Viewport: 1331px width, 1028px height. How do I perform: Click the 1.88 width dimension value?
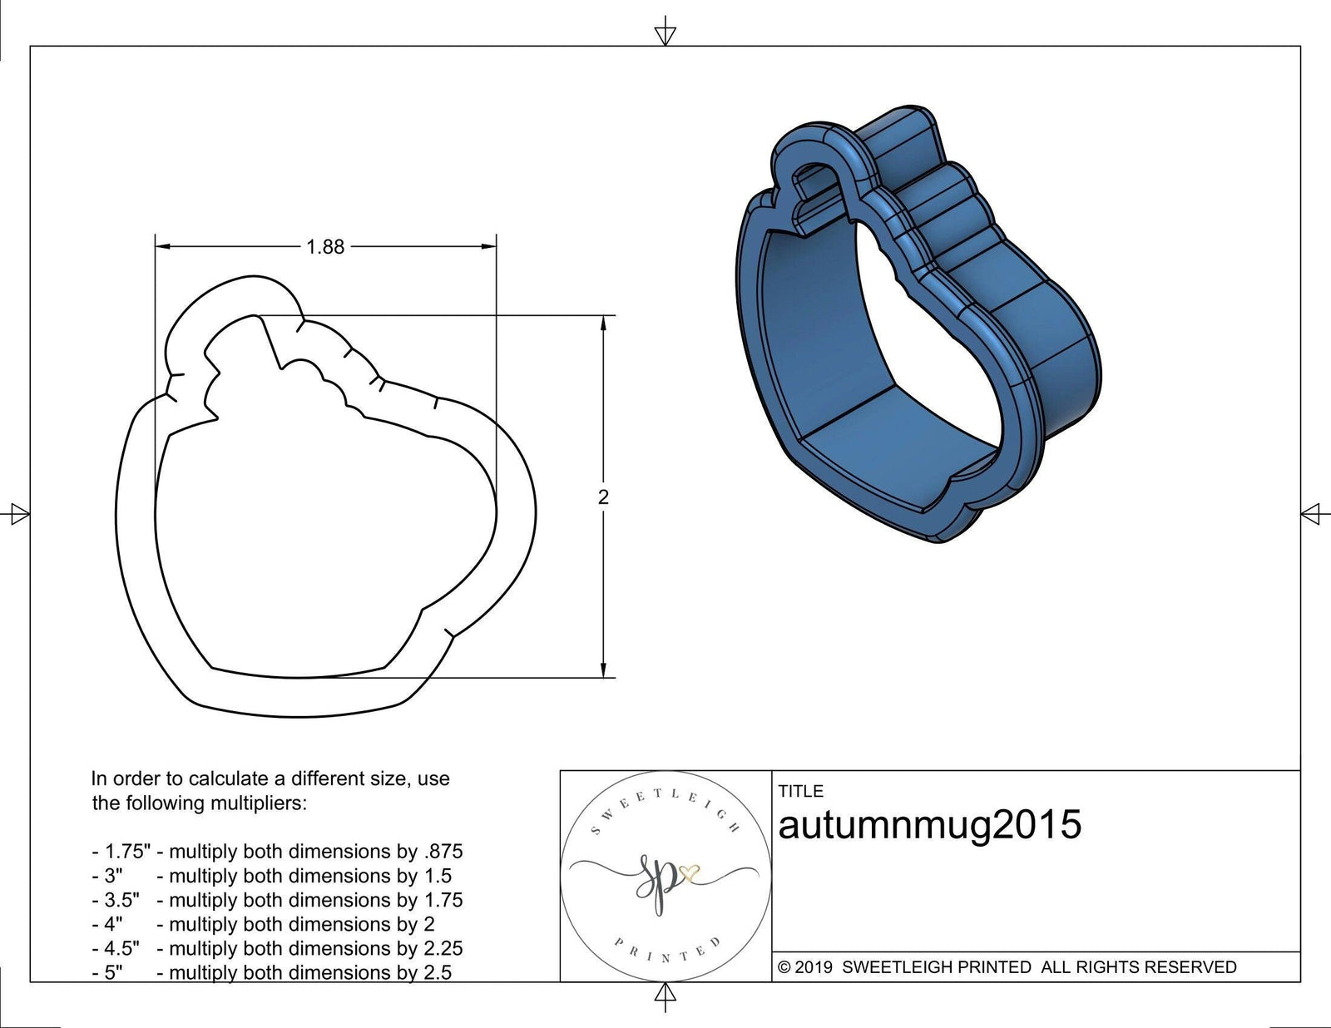[x=325, y=247]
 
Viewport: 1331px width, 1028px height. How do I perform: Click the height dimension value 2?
[x=603, y=497]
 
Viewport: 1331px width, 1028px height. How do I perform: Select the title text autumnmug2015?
[x=929, y=824]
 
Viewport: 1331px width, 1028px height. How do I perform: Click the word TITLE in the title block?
[x=800, y=791]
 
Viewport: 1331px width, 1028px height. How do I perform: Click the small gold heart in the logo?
[x=690, y=872]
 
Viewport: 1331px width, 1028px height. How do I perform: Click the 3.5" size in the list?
[x=121, y=900]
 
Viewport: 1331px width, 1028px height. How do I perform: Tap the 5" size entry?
[x=113, y=972]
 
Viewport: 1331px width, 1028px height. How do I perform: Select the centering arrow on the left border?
[x=19, y=514]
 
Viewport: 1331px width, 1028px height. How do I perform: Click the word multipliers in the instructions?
[x=255, y=803]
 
